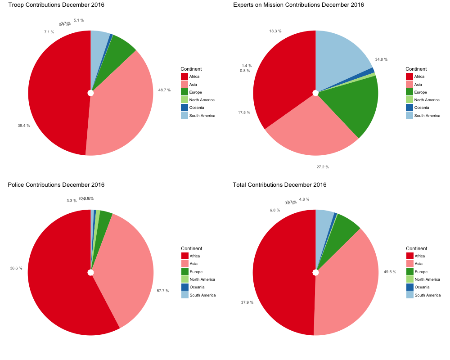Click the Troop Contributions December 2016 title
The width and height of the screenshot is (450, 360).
click(x=56, y=5)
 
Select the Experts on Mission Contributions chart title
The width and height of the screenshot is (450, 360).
click(x=298, y=5)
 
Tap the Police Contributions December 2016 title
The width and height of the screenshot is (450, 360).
click(x=56, y=185)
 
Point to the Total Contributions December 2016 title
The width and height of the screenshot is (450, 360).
click(x=279, y=185)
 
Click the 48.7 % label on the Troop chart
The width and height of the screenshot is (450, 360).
click(x=164, y=90)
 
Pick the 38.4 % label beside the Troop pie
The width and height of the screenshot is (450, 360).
click(x=24, y=126)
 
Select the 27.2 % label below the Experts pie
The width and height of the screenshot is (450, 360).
click(x=323, y=167)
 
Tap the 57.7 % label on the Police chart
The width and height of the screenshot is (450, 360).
click(x=163, y=291)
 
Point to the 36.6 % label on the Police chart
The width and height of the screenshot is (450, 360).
click(x=16, y=268)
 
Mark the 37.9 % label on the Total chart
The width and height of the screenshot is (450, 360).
click(x=247, y=302)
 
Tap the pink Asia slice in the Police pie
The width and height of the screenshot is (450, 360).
click(x=130, y=270)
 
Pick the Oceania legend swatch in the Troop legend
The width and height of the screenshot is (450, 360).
click(x=184, y=108)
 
